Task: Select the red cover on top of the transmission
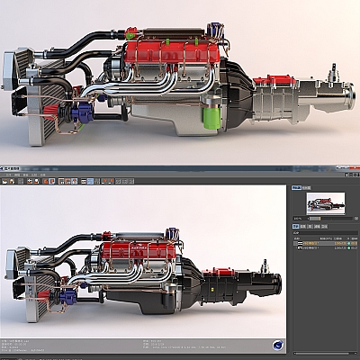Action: pos(269,81)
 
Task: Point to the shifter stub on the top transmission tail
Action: pos(332,70)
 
